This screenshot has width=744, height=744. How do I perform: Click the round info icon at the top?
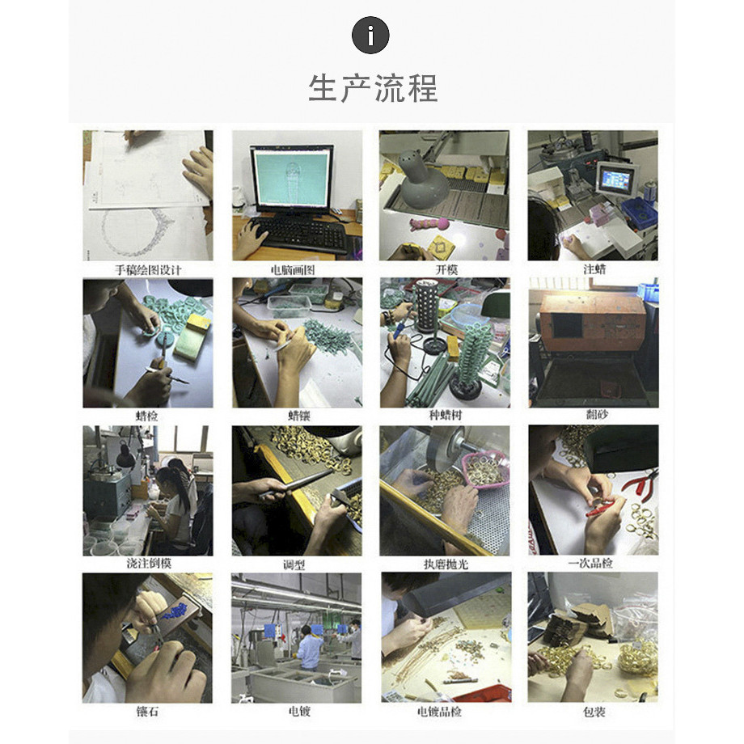coord(370,35)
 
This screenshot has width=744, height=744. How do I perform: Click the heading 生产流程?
coord(373,88)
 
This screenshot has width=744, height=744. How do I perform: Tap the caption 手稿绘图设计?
coord(148,270)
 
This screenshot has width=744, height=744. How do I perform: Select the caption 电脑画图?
coord(293,270)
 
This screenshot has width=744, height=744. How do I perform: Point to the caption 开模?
coord(446,269)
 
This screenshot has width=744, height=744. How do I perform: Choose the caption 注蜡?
coord(594,269)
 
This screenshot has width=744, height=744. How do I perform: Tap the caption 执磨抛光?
coord(446,564)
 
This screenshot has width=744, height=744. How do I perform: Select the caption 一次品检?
coord(590,563)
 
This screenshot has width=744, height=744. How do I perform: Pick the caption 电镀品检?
coord(439,712)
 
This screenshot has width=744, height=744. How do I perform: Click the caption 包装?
coord(594,712)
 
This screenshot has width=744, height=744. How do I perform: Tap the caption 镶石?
coord(147,712)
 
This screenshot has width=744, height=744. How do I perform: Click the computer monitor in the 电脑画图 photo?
coord(291,180)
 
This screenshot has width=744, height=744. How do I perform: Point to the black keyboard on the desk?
coord(302,235)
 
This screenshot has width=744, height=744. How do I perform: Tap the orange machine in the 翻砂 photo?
coord(593,322)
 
